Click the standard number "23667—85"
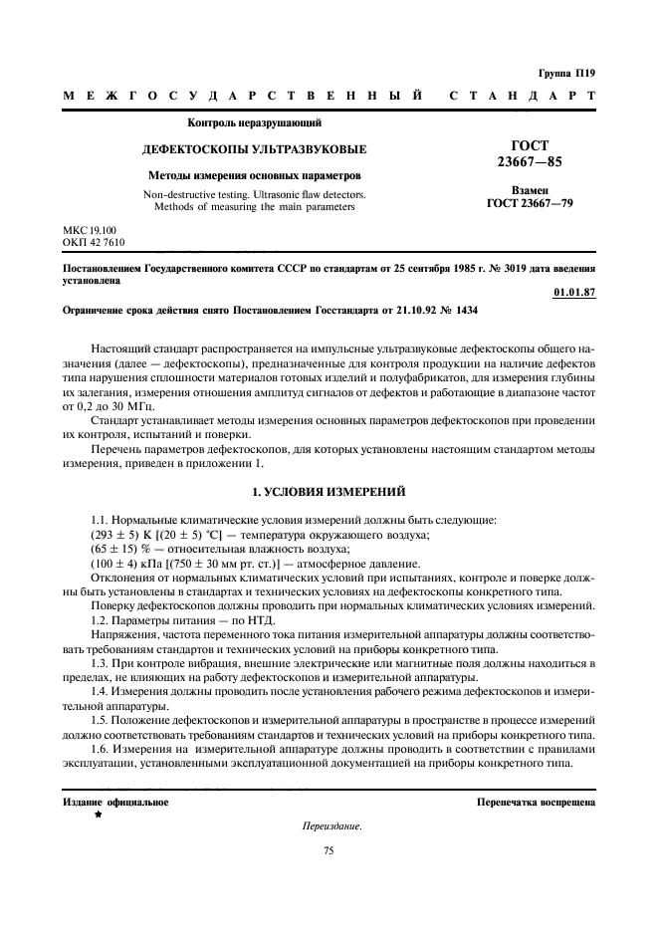click(x=530, y=161)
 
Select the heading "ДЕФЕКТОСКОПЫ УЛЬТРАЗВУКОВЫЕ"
click(x=255, y=149)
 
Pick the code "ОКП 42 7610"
click(x=95, y=242)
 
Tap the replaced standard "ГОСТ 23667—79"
click(x=530, y=203)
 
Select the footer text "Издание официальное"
click(x=115, y=802)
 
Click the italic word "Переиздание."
click(x=331, y=826)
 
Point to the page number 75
click(x=329, y=850)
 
